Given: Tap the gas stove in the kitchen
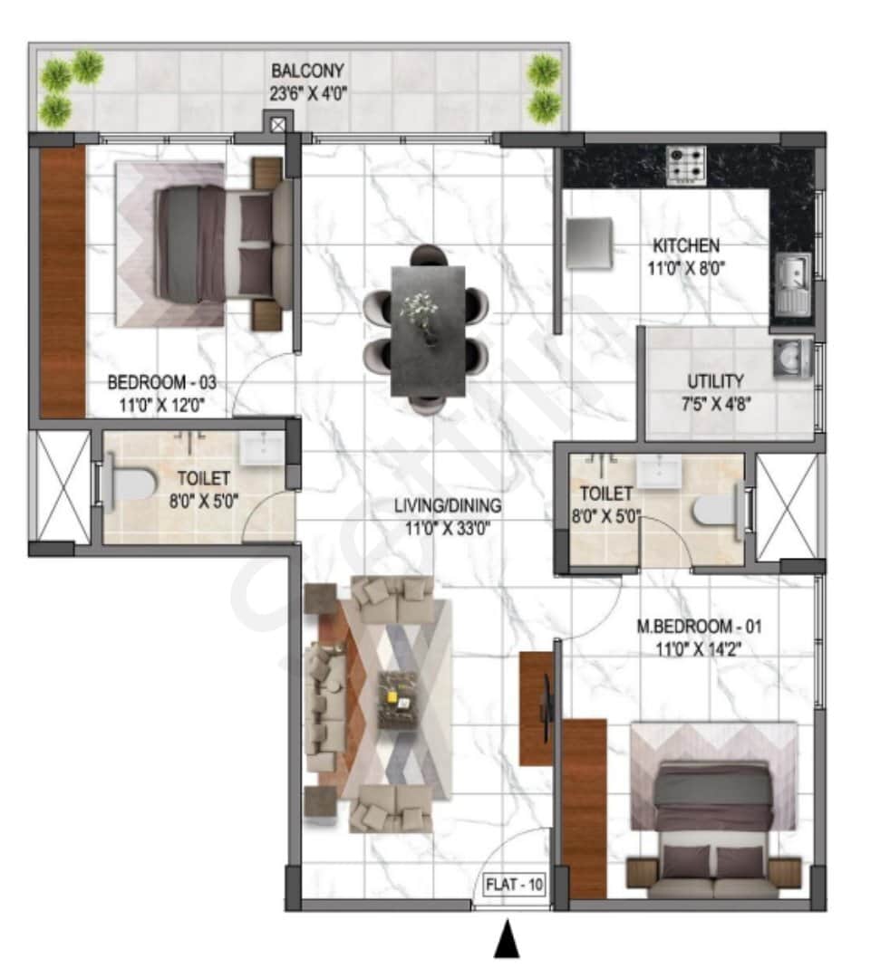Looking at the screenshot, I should [686, 165].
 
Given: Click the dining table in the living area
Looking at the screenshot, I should [428, 331].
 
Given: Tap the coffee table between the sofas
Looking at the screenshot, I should [397, 699].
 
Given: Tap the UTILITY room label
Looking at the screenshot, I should [715, 382].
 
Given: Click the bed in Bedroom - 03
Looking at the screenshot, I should [218, 244].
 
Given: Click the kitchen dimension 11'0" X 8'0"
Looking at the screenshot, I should [686, 268].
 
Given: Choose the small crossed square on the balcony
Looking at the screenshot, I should [278, 124].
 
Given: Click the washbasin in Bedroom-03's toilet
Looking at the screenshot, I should [263, 447].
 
